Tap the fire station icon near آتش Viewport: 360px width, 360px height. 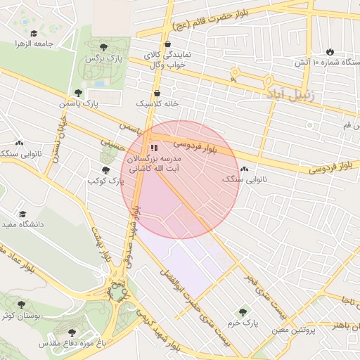point(330,52)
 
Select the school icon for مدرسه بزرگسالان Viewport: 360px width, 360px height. point(154,148)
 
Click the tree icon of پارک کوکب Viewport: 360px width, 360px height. point(105,169)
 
